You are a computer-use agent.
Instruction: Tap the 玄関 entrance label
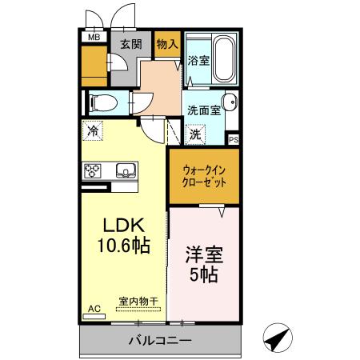coord(131,44)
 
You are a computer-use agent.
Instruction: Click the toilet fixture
coord(103,102)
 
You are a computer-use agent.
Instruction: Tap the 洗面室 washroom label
coord(203,110)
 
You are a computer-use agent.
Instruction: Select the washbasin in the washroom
coord(230,102)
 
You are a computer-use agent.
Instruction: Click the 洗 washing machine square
coord(195,135)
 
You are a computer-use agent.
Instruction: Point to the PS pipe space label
coord(233,139)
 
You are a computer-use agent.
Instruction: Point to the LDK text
coord(118,226)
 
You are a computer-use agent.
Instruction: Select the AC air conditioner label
coord(94,307)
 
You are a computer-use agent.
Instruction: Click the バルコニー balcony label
coord(160,341)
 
